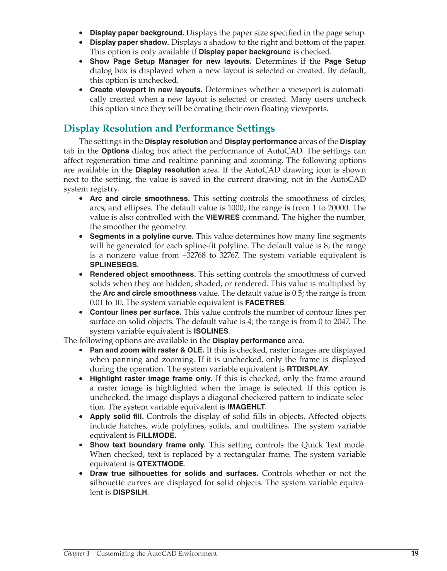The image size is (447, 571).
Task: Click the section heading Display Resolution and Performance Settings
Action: [169, 129]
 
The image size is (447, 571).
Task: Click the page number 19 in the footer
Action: [415, 553]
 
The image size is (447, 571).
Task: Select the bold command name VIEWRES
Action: [223, 217]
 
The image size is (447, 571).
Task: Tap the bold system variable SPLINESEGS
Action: [113, 265]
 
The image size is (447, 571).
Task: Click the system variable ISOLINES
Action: [211, 331]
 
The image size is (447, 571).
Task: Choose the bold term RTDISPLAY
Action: [307, 369]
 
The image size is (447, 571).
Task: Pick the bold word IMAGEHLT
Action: [246, 407]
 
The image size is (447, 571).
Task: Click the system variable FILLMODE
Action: [156, 435]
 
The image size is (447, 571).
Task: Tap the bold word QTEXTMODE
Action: [160, 464]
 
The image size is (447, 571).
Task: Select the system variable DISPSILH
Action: [130, 493]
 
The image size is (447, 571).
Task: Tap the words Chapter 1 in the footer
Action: [77, 554]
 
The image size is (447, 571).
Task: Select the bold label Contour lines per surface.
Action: [135, 312]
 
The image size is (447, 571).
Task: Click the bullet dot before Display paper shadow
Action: [81, 42]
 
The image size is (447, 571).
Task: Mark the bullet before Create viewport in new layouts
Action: [81, 90]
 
